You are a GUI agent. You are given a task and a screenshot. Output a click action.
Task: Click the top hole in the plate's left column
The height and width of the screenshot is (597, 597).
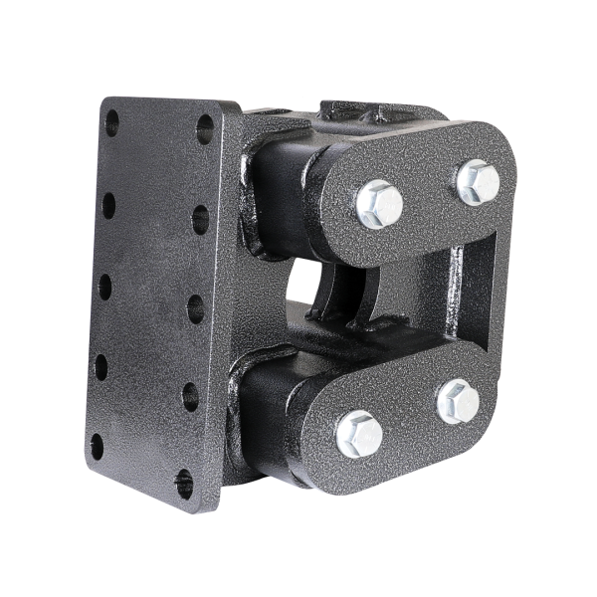coord(111,122)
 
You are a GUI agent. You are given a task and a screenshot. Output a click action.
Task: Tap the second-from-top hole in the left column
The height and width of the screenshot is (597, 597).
coord(108,205)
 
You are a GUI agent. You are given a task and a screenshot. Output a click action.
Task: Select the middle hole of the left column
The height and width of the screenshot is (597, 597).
coord(104,287)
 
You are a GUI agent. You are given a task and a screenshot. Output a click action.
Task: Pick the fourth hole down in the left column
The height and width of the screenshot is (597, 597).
coord(100,366)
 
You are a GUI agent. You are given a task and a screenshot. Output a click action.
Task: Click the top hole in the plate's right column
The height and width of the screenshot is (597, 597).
coord(205,128)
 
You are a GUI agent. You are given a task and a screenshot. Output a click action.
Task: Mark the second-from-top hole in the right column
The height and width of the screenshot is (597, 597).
coord(200,218)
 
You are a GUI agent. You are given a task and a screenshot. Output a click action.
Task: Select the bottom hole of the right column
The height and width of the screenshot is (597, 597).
coord(185,484)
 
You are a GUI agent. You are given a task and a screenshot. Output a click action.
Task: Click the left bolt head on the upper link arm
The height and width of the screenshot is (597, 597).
coord(379,204)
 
